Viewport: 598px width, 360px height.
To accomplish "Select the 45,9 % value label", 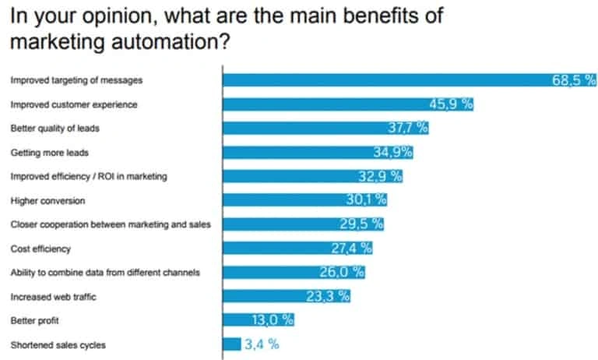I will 452,104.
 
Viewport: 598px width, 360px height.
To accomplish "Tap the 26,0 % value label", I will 342,272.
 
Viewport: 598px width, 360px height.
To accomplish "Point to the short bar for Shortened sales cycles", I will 232,344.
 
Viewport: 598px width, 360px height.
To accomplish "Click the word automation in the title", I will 161,41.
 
